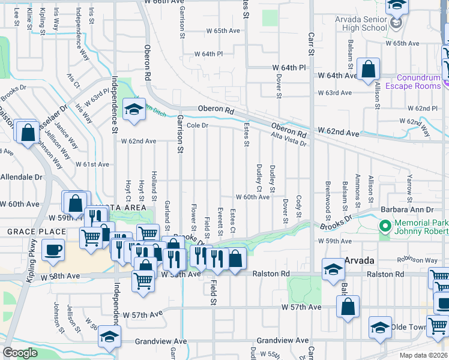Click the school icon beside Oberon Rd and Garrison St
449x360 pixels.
134,109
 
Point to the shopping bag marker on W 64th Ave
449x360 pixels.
368,69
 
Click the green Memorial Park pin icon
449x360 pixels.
385,226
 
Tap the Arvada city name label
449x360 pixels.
360,261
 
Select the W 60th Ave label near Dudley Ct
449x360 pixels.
252,197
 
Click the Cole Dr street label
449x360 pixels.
197,125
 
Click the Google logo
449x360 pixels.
20,353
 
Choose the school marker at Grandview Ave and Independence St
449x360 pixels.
109,336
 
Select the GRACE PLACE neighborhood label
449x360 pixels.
36,232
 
